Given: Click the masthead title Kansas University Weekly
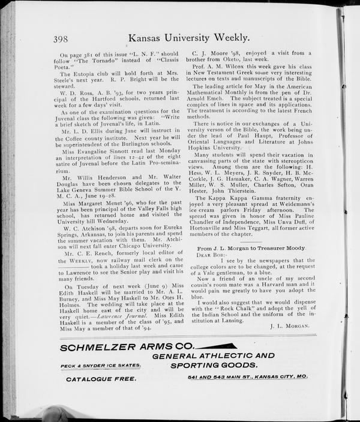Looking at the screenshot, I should click(189, 38).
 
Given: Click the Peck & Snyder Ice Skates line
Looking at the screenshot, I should click(101, 366).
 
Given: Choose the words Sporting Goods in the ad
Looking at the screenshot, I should click(214, 365).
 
